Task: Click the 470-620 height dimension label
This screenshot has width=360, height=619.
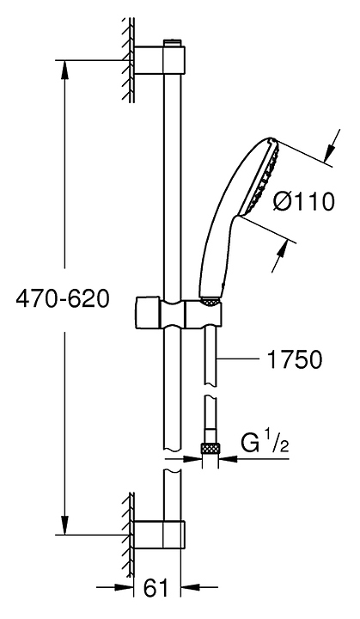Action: click(62, 299)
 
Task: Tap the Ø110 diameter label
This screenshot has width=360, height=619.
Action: click(303, 202)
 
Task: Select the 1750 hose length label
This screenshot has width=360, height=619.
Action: click(294, 359)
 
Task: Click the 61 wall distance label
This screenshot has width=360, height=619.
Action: click(156, 588)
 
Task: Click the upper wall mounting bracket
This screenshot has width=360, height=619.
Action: click(160, 60)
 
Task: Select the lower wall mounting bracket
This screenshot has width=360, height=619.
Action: click(160, 535)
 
